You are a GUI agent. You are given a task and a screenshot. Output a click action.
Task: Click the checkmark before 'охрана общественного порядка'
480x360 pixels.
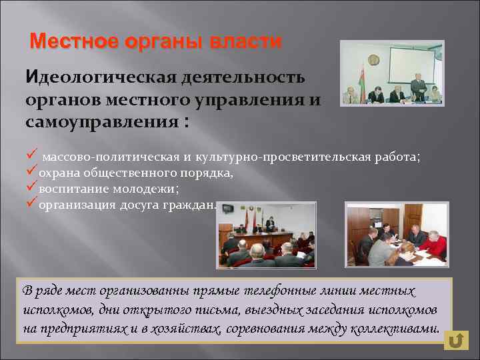point(31,173)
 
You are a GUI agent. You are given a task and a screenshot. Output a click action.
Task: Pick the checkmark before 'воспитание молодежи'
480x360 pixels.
point(31,189)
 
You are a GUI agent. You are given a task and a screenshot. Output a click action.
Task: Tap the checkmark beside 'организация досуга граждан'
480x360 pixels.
point(31,204)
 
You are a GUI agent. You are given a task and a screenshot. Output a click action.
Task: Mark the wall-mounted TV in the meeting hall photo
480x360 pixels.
point(228,209)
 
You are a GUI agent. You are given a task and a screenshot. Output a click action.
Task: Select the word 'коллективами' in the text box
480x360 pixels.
point(400,329)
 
